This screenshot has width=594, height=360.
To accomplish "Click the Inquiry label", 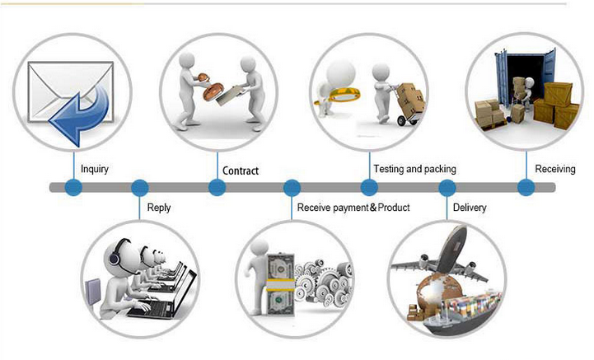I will pos(95,170).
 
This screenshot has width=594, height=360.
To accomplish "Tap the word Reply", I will pos(159,208).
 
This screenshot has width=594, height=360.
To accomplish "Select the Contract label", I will pos(241,171).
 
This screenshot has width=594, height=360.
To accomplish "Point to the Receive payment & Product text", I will pos(353,208).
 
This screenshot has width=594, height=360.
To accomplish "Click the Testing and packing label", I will pos(414,169).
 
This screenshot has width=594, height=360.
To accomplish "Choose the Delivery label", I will pos(470,208).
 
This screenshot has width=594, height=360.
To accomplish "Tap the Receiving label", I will pos(554,169).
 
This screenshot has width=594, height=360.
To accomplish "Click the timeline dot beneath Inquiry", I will pos(73,188).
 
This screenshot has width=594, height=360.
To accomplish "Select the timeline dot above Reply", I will pos(139,188).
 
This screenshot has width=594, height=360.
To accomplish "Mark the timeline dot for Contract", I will pos(217,188).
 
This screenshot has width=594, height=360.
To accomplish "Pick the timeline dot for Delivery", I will pos(447,188).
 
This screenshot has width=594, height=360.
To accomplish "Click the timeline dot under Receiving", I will pos(526,188).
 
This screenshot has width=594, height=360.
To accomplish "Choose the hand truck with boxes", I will pos(408,104).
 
